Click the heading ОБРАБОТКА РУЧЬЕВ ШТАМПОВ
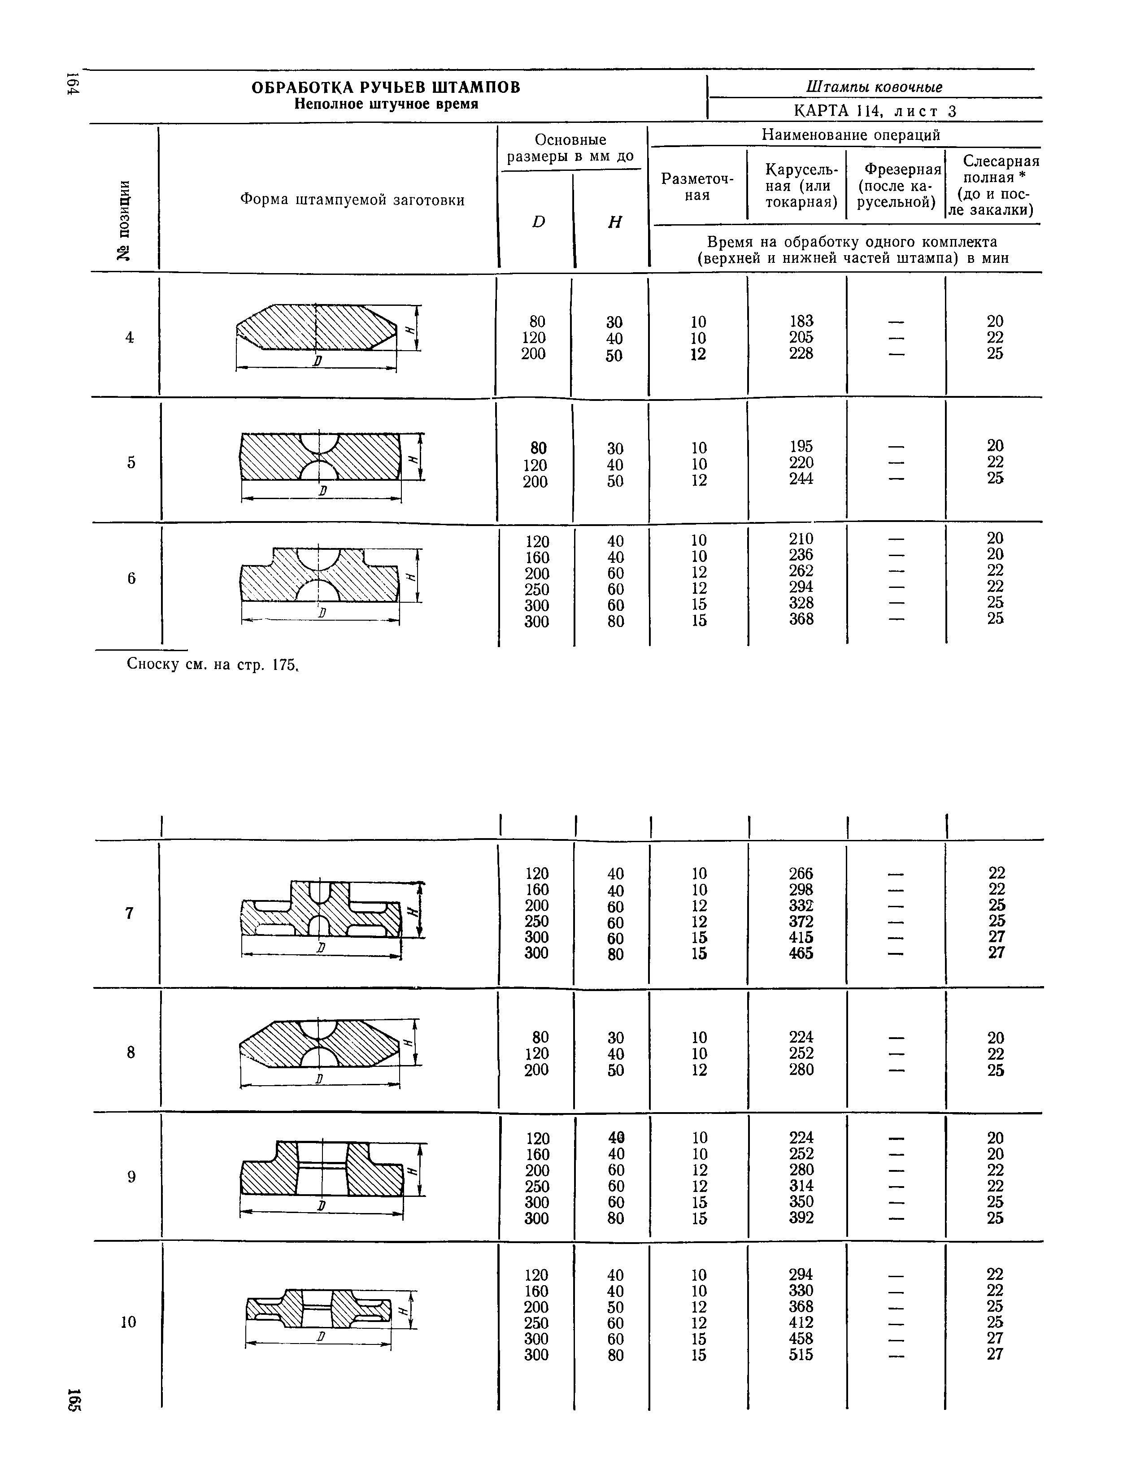[386, 88]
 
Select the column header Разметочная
[697, 187]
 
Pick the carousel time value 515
[801, 1355]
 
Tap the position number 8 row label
[131, 1052]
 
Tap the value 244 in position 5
[801, 478]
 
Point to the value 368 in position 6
[801, 619]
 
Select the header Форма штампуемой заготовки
[352, 200]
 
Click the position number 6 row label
[131, 578]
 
